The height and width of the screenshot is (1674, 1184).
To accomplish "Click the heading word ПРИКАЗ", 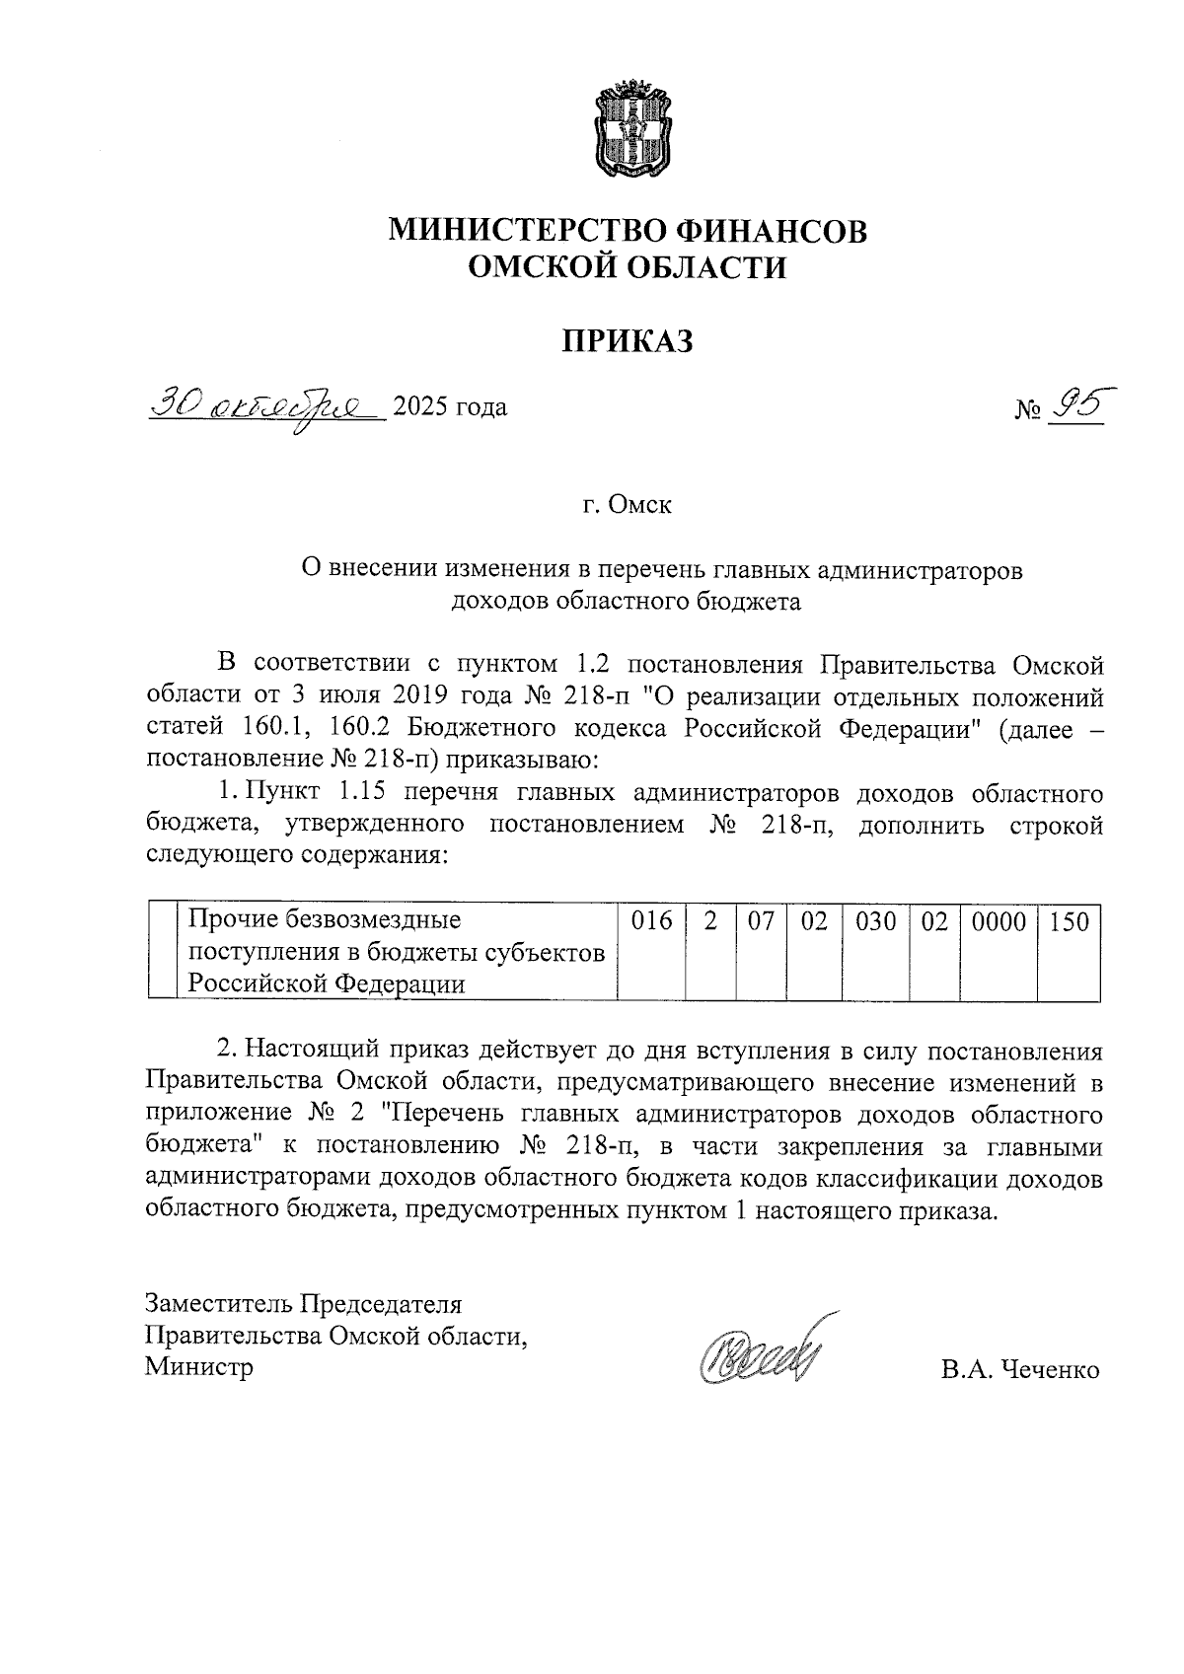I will pyautogui.click(x=629, y=340).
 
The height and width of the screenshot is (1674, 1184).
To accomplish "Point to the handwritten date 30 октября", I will pyautogui.click(x=264, y=405).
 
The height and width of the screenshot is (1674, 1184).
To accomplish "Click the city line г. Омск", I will pyautogui.click(x=627, y=505).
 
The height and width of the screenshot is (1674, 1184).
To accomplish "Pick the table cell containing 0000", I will pyautogui.click(x=999, y=922).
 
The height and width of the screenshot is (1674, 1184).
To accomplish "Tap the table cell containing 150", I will pyautogui.click(x=1069, y=922).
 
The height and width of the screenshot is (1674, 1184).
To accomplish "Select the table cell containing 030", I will pyautogui.click(x=875, y=922).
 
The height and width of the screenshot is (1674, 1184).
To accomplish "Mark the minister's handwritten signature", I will pyautogui.click(x=760, y=1350).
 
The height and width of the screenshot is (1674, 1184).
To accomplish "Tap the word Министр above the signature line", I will pyautogui.click(x=198, y=1367).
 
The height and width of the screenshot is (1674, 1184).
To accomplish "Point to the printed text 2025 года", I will pyautogui.click(x=450, y=406).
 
